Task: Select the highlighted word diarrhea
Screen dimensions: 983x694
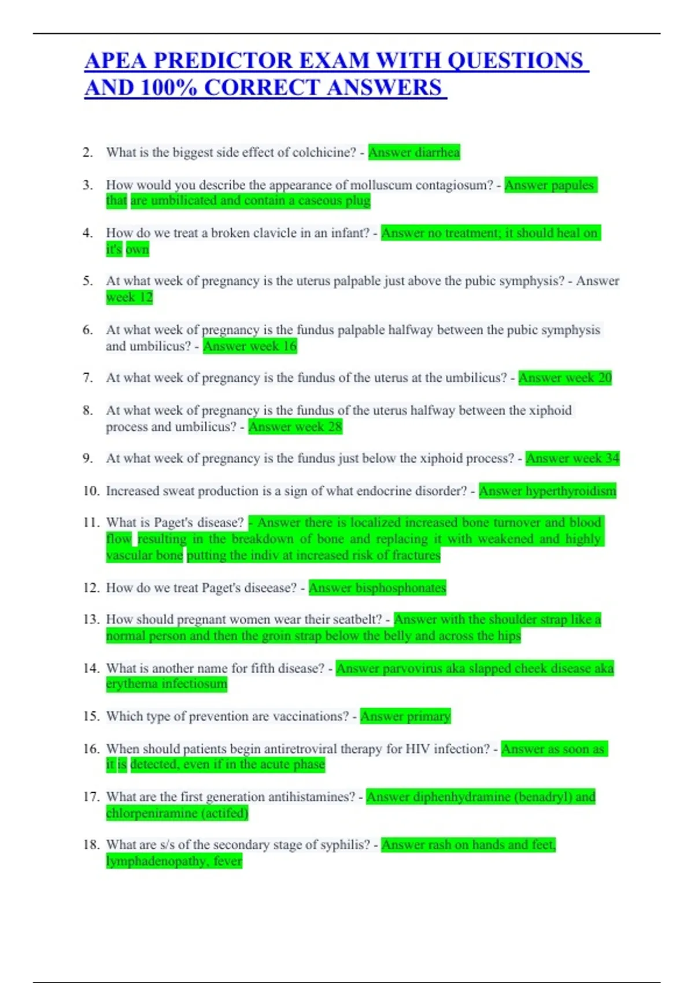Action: coord(437,153)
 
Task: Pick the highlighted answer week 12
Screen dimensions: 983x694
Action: coord(130,297)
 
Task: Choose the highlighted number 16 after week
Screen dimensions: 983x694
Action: coord(290,346)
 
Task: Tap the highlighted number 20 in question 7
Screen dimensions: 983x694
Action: coord(605,378)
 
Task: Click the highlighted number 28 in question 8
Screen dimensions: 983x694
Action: coord(335,427)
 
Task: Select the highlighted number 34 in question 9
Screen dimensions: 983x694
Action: coord(612,459)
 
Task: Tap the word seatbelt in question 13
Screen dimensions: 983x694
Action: coord(359,619)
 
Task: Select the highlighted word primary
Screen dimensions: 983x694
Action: coord(429,716)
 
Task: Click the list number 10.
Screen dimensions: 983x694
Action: coord(91,491)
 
